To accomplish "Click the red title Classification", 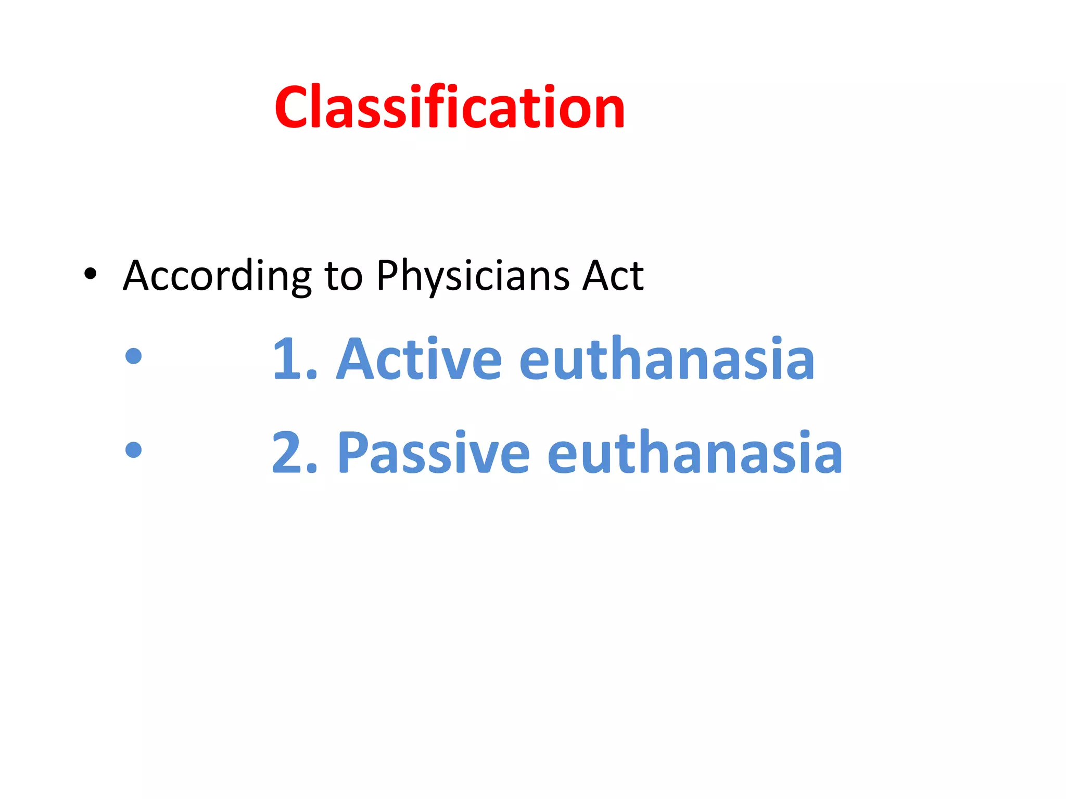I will [449, 108].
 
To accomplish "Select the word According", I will [217, 276].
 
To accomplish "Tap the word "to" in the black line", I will [344, 276].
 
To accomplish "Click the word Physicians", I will [473, 276].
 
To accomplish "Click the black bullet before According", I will [90, 274].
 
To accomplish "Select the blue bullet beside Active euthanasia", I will [134, 356].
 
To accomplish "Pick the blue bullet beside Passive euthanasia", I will [134, 449].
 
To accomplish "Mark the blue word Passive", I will [434, 453].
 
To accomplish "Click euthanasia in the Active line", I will [667, 358].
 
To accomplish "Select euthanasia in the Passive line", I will [695, 453].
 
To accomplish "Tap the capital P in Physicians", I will [388, 275].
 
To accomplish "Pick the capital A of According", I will [137, 275].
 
